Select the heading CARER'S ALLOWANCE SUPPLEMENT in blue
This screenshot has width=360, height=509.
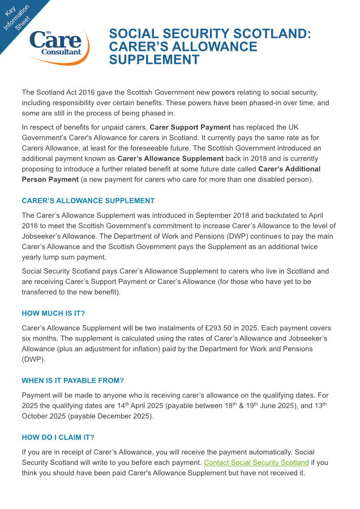(88, 201)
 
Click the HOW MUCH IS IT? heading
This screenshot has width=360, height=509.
(53, 313)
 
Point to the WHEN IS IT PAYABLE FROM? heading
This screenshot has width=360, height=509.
(72, 380)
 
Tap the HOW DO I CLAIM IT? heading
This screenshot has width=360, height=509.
(58, 437)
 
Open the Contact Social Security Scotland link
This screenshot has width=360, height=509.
(256, 463)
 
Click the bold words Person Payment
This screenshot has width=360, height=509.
(50, 179)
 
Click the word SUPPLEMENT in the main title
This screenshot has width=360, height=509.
(154, 60)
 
